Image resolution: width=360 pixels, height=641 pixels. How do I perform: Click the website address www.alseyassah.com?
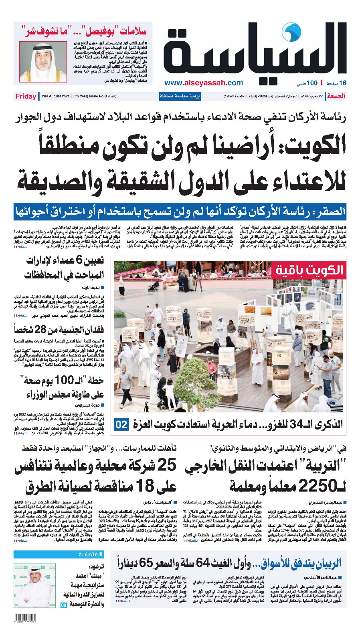(203, 83)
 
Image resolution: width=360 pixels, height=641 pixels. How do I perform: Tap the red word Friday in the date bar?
(26, 96)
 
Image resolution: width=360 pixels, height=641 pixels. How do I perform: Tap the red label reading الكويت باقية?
(309, 271)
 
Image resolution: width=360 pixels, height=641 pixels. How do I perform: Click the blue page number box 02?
(121, 424)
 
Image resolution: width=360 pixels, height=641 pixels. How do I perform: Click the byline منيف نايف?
(93, 288)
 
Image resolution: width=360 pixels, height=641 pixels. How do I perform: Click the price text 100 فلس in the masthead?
(307, 83)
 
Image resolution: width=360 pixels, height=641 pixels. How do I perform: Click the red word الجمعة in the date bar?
(336, 96)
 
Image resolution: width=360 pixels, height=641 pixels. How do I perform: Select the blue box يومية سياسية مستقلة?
(180, 96)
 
